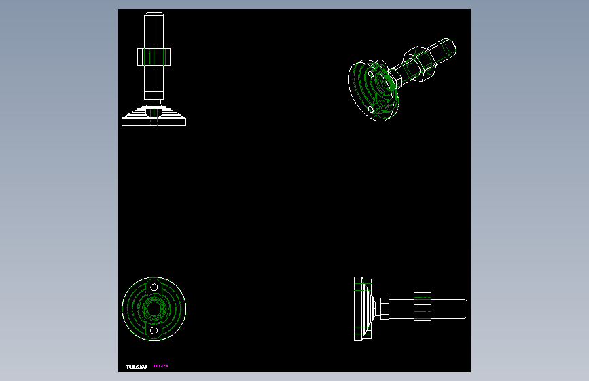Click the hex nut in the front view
tap(154, 57)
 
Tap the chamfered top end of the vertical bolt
tap(154, 15)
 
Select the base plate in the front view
tap(154, 121)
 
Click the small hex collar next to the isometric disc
tap(395, 79)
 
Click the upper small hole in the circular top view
tap(154, 287)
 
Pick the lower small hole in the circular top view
tap(154, 330)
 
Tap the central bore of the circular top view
tap(154, 309)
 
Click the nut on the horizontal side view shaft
tap(423, 308)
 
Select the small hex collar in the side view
tap(384, 308)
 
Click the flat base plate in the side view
tap(357, 308)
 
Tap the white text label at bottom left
tap(136, 367)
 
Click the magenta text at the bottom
tap(160, 366)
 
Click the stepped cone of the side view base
tap(369, 308)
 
